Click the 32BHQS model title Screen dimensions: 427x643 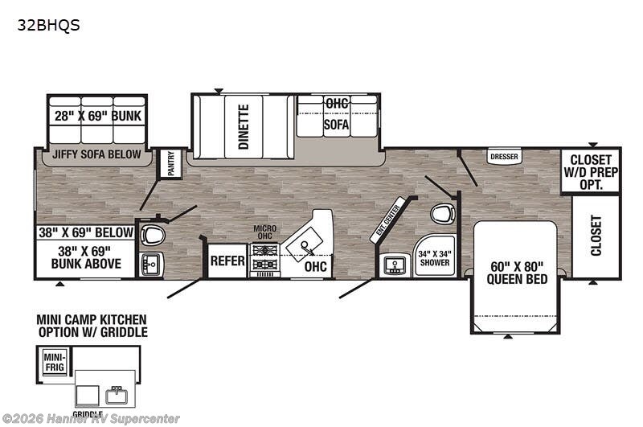tap(48, 24)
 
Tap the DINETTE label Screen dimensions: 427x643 tap(244, 127)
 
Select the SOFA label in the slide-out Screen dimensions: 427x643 tap(336, 125)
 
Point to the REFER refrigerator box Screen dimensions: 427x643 tap(227, 261)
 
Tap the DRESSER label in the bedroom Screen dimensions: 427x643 tap(503, 157)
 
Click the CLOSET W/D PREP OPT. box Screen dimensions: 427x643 tap(591, 172)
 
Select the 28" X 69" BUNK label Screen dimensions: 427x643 tap(98, 116)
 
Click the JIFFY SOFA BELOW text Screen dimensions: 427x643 tap(97, 154)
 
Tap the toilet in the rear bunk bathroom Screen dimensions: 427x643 tap(153, 234)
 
